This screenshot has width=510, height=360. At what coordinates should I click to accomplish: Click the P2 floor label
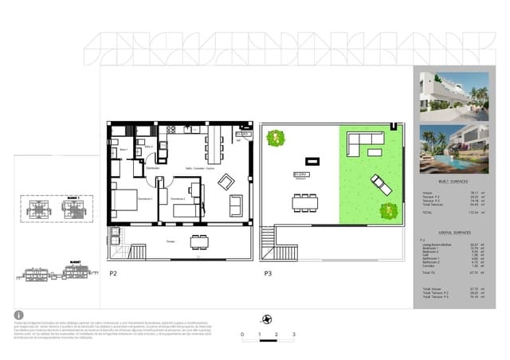pyautogui.click(x=113, y=273)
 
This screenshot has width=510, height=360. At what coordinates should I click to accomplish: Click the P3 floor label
pyautogui.click(x=268, y=273)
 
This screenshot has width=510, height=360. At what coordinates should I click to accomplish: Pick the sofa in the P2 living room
pyautogui.click(x=236, y=205)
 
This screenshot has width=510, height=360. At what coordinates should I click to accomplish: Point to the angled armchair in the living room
pyautogui.click(x=226, y=178)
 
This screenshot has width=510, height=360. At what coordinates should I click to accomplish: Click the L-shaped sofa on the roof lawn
pyautogui.click(x=367, y=146)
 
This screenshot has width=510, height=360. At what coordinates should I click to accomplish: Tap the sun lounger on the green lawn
pyautogui.click(x=380, y=184)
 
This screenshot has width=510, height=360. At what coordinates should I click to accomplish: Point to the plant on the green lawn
pyautogui.click(x=389, y=212)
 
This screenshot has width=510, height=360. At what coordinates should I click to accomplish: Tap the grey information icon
pyautogui.click(x=18, y=315)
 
